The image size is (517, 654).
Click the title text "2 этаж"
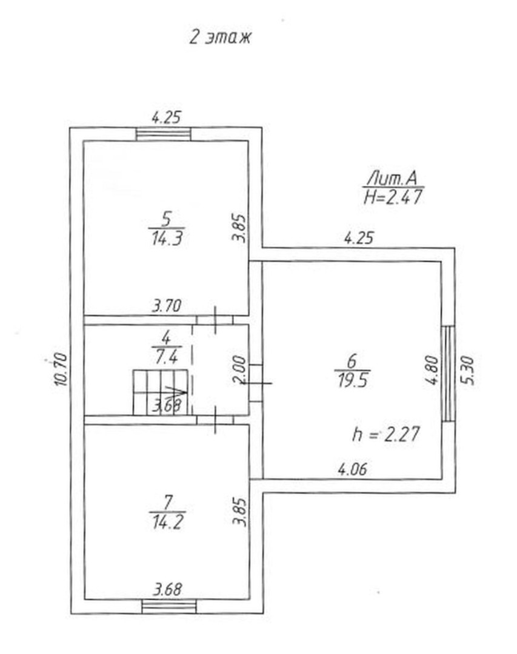coord(220,37)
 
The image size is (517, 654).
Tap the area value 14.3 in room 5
coord(167,239)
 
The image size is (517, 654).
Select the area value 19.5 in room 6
coord(353,381)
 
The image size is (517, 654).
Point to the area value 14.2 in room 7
coord(167,522)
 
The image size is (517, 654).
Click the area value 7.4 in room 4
coord(167,357)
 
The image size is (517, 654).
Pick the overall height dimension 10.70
coord(61,369)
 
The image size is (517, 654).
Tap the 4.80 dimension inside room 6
coord(433,369)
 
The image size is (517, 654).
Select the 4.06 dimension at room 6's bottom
coord(353,469)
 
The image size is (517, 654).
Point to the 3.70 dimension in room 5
coord(167,306)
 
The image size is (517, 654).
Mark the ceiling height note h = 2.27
coord(385,434)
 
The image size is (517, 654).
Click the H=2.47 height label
coord(393,197)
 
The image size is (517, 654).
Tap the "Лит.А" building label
coord(392,179)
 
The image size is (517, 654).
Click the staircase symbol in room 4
coord(161,392)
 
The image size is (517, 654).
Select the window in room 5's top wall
coord(164,134)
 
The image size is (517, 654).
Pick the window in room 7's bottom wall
coord(168,606)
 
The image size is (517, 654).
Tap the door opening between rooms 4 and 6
coord(256,383)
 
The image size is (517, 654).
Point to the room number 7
coord(167,503)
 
